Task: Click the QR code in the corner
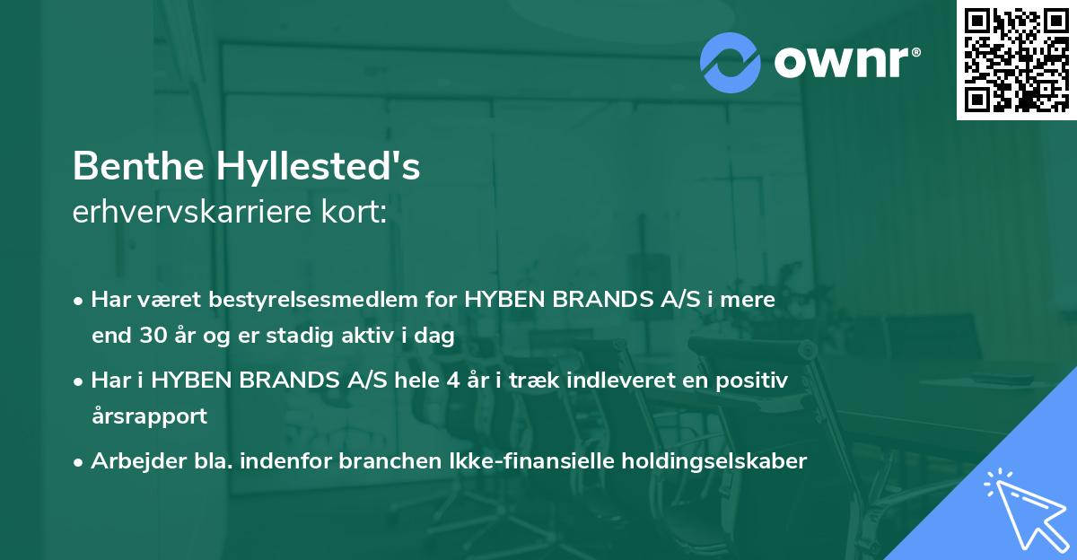click(1016, 59)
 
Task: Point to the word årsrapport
click(149, 416)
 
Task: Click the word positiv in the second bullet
click(756, 381)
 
